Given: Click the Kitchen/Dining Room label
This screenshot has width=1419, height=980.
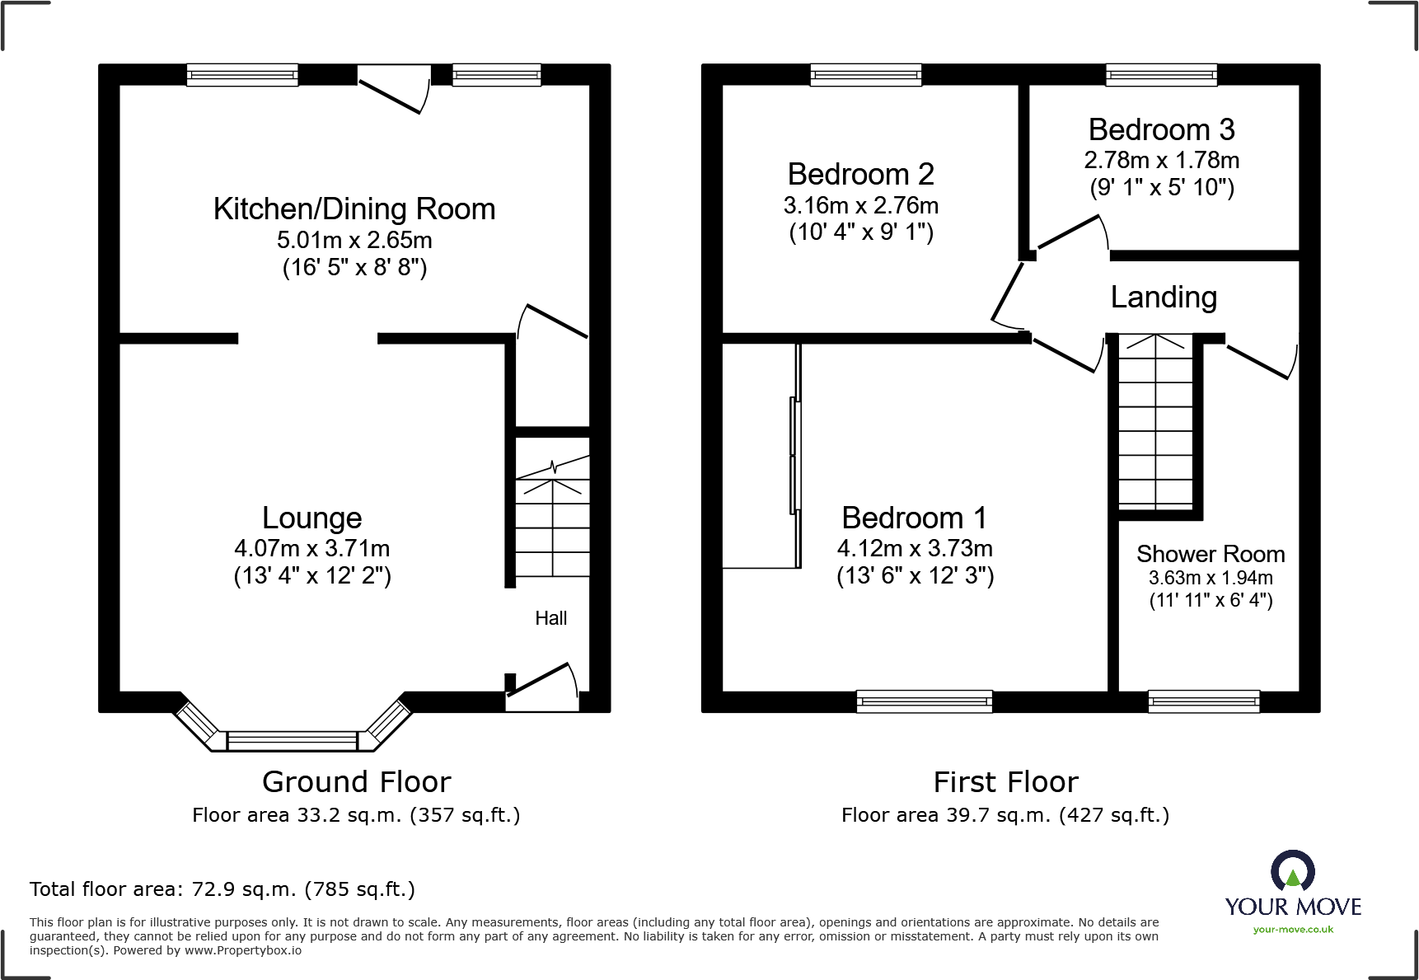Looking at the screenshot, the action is (x=354, y=209).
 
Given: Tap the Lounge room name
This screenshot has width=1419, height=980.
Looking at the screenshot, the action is (x=312, y=518).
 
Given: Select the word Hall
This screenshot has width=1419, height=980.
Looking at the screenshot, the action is (x=551, y=618).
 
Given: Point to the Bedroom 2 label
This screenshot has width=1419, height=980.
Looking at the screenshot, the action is (x=861, y=175).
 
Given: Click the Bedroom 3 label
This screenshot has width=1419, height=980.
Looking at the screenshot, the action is (x=1162, y=130).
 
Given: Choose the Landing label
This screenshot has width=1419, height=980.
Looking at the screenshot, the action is (x=1164, y=298).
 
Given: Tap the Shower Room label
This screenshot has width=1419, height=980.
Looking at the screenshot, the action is (x=1211, y=554).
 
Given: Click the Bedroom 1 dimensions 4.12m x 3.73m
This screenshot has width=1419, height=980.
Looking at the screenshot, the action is (x=915, y=548).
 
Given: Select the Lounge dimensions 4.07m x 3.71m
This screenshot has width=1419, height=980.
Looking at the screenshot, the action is (x=312, y=548).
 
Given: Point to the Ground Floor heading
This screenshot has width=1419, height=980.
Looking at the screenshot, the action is (x=357, y=781).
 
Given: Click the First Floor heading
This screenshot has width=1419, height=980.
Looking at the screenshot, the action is (x=1005, y=781).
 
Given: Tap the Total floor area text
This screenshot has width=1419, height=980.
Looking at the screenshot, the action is (x=222, y=889).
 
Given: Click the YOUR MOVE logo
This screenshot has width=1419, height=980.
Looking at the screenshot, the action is (x=1293, y=892).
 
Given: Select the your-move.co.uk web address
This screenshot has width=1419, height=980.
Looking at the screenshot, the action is (x=1293, y=930).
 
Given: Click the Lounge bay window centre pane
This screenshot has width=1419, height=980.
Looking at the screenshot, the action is (x=293, y=740).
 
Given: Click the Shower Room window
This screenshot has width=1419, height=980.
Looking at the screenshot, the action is (x=1204, y=701).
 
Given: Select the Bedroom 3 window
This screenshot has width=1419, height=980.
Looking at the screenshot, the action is (x=1161, y=75).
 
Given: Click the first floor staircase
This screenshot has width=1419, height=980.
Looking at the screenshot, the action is (x=1155, y=422).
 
